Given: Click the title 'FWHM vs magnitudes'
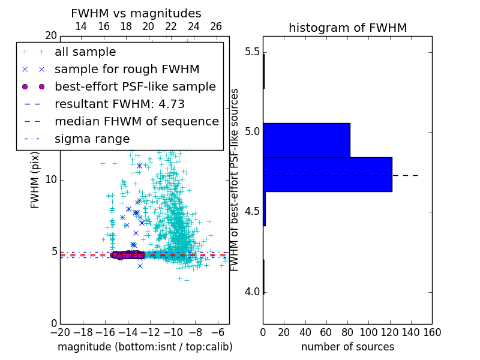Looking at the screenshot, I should (x=136, y=13).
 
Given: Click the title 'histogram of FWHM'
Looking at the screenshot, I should (x=347, y=28).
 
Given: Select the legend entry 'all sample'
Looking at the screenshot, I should (x=85, y=52).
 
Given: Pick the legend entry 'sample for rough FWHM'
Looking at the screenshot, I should (x=127, y=70).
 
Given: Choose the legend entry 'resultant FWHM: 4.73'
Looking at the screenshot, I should (x=119, y=104).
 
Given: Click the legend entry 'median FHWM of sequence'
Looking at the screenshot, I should (x=136, y=122).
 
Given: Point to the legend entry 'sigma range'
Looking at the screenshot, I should (x=92, y=139).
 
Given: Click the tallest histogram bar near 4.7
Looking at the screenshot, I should (x=327, y=174).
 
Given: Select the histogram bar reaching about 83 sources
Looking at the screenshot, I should (x=306, y=140).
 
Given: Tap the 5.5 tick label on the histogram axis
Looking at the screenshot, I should (x=251, y=52).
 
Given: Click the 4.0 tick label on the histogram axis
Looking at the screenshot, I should (x=251, y=292).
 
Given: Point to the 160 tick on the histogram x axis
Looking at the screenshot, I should (x=432, y=331).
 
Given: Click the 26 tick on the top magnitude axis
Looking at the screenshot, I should (x=216, y=26).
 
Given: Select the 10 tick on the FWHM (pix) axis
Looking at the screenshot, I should (x=50, y=180).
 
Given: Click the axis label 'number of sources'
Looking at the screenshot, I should (x=347, y=347).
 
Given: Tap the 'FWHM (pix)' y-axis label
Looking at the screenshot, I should (x=35, y=180).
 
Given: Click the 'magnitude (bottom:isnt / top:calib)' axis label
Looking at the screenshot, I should (x=145, y=347).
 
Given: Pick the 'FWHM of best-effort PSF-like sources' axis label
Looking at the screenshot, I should (x=235, y=180).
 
